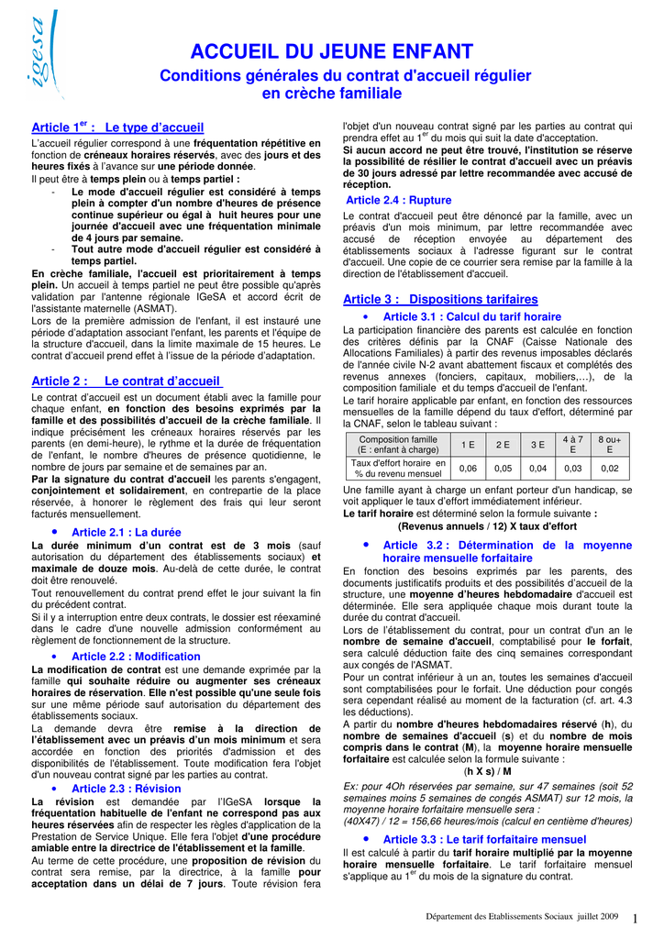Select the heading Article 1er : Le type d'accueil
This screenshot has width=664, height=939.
117,127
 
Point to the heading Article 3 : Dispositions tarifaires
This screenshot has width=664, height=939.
440,299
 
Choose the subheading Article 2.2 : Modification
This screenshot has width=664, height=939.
136,657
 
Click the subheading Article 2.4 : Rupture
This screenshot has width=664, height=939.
399,200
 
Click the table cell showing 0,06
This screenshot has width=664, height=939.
468,469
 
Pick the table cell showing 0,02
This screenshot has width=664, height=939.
610,469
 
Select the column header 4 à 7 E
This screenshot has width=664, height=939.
573,445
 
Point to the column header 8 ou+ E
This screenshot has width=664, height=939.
610,445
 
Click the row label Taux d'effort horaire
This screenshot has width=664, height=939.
398,469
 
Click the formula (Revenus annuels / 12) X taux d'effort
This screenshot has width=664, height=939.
487,526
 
